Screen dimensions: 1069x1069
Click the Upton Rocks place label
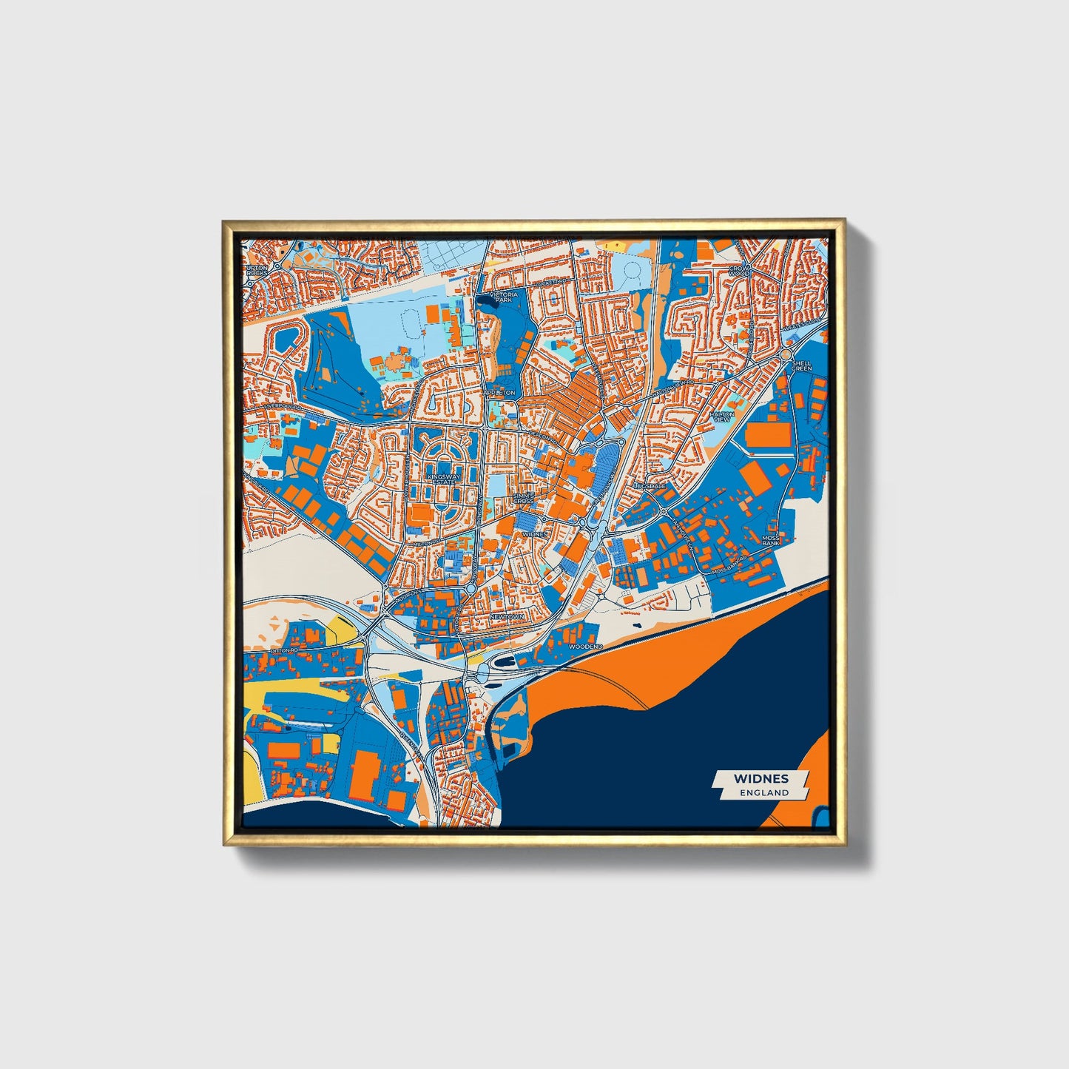pyautogui.click(x=257, y=270)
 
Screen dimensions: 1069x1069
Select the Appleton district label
pyautogui.click(x=499, y=393)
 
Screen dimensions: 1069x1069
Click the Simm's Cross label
pyautogui.click(x=523, y=498)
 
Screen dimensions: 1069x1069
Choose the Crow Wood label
pyautogui.click(x=739, y=270)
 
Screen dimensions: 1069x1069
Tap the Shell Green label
pyautogui.click(x=802, y=365)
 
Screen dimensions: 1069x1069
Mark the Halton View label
pyautogui.click(x=722, y=417)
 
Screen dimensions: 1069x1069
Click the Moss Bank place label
pyautogui.click(x=771, y=540)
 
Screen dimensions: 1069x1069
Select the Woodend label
pyautogui.click(x=587, y=646)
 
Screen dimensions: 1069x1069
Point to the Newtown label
pyautogui.click(x=507, y=616)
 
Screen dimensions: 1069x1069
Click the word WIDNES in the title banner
pyautogui.click(x=761, y=778)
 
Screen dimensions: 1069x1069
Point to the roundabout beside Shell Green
pyautogui.click(x=786, y=356)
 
